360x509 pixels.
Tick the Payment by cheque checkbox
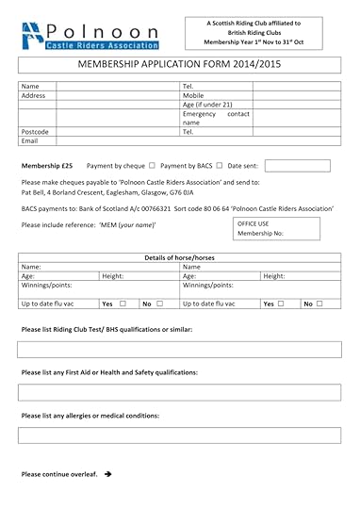point(152,165)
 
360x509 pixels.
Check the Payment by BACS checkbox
point(219,165)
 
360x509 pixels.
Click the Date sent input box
point(297,166)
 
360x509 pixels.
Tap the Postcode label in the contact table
point(35,132)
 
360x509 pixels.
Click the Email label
point(30,141)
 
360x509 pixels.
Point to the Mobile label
point(193,95)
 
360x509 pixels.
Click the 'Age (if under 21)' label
point(208,105)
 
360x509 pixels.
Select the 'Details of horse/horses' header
point(179,258)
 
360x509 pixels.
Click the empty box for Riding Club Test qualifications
point(179,349)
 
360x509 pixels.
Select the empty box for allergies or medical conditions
point(179,435)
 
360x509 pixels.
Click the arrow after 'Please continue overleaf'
point(108,473)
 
